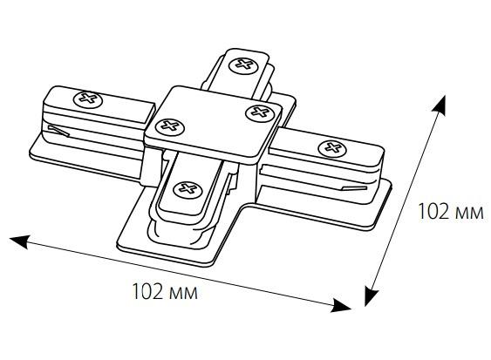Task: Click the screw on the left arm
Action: tap(88, 99)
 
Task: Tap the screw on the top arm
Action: tap(244, 65)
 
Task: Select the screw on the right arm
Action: tap(332, 148)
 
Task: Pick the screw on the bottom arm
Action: tap(188, 190)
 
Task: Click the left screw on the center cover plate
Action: tap(170, 126)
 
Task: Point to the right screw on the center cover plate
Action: tap(260, 112)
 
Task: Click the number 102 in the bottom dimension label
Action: tap(147, 291)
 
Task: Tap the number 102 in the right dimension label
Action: tap(433, 211)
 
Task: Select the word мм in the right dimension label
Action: tap(469, 214)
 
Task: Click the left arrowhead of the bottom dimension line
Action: tap(20, 241)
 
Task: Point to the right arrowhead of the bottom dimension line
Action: tap(341, 306)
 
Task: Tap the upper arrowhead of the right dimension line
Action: tap(439, 105)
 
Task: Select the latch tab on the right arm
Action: tap(354, 188)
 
